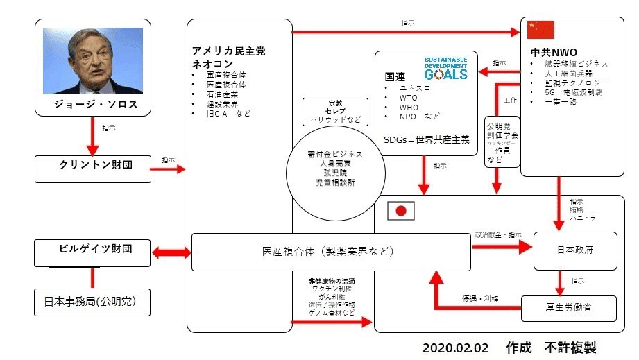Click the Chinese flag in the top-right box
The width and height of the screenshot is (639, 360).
(x=541, y=30)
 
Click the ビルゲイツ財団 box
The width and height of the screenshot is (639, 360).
(x=92, y=252)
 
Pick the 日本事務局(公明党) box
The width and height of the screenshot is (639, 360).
(x=92, y=302)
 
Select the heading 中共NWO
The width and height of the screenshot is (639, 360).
(x=549, y=51)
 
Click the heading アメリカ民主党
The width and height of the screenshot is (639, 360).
(x=230, y=51)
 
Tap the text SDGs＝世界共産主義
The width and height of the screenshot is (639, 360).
(x=426, y=139)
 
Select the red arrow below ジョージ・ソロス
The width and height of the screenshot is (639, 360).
(x=92, y=139)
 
